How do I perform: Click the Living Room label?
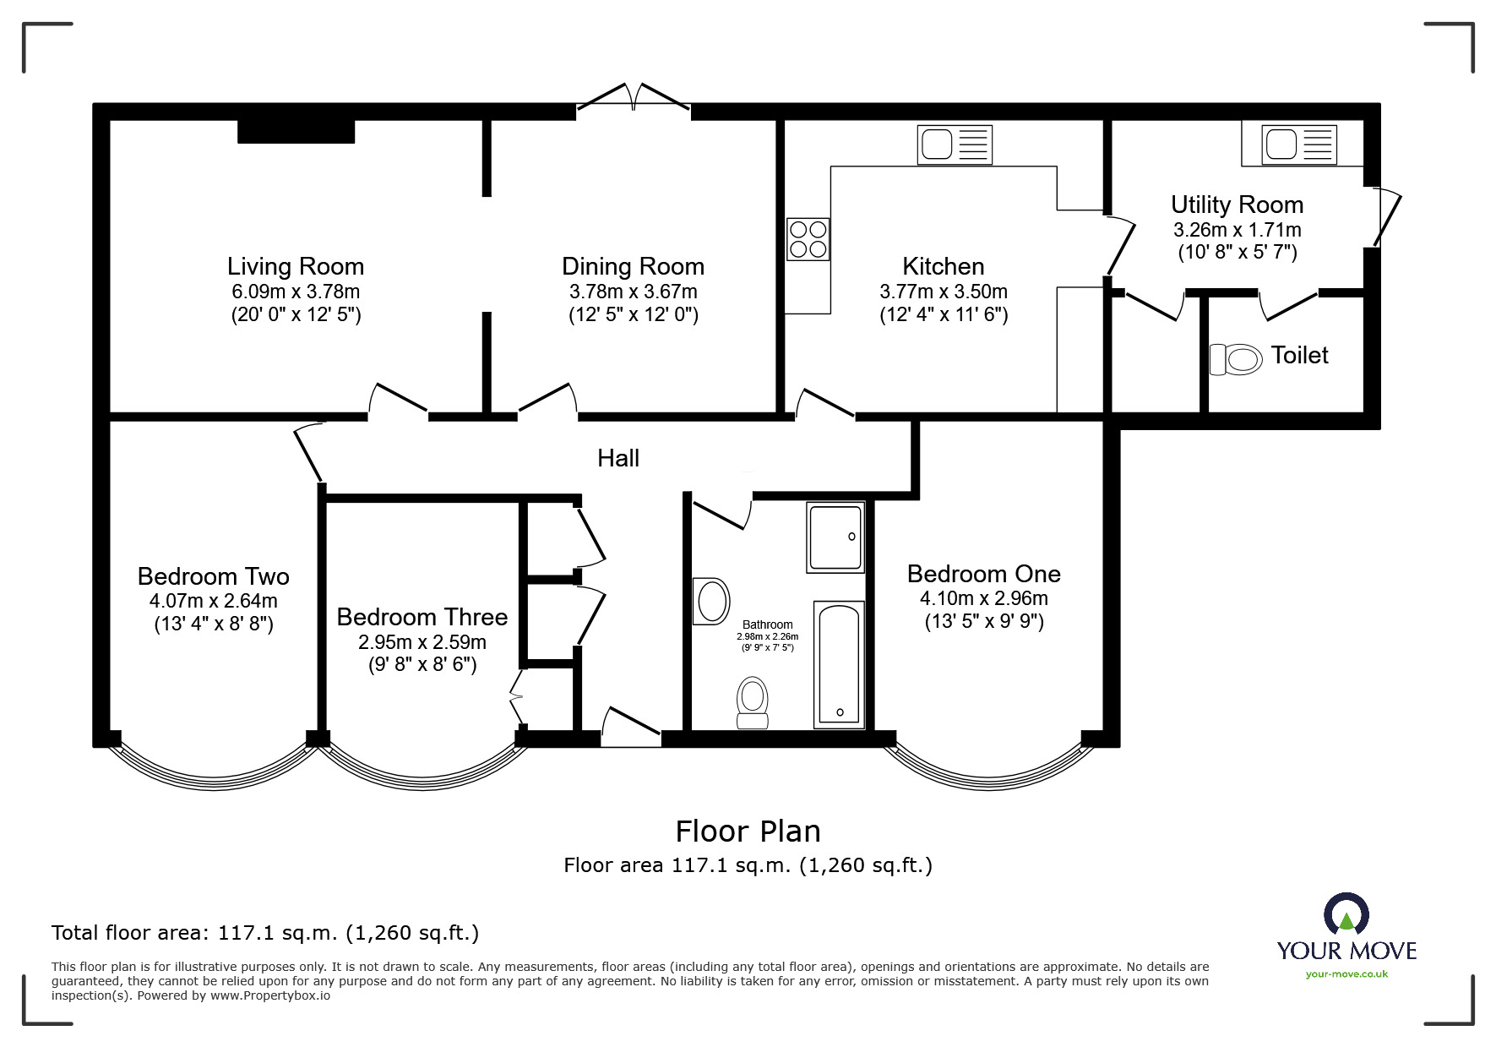(296, 266)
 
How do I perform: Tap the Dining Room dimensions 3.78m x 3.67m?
(634, 292)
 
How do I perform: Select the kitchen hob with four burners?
(808, 238)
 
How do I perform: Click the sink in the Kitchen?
(955, 145)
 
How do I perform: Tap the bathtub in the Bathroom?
(839, 664)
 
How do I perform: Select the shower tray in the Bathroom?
(835, 537)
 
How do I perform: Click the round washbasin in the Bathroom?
(711, 602)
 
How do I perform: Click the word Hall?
(618, 458)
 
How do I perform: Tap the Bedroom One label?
(984, 574)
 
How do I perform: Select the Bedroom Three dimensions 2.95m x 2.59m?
(422, 642)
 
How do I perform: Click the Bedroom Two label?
(214, 576)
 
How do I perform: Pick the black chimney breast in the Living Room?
(296, 131)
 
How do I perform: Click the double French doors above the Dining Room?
(634, 96)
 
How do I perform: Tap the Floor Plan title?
(748, 832)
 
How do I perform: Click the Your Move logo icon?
(1346, 914)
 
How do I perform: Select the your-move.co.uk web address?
(1346, 974)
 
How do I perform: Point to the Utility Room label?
(1238, 204)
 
